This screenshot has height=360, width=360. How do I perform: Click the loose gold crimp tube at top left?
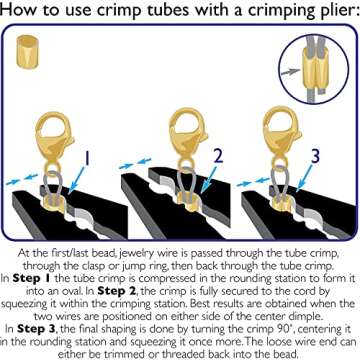point(27,52)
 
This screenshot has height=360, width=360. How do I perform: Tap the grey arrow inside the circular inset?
point(290,71)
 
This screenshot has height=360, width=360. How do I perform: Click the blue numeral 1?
point(86,159)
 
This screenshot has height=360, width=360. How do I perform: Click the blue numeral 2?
point(218,156)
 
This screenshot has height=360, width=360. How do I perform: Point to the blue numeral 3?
point(315,156)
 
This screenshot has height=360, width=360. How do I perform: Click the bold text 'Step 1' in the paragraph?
point(28,279)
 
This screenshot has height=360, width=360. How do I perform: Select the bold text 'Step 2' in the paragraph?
point(117,291)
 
